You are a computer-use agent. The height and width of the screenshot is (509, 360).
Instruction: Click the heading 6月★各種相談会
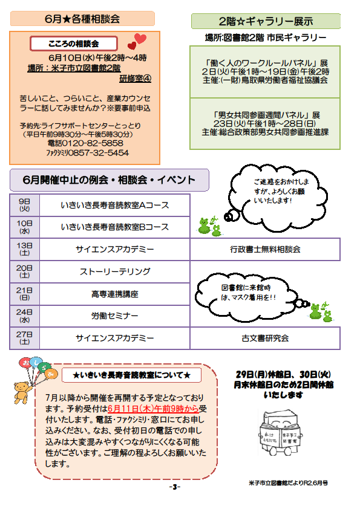click(82, 19)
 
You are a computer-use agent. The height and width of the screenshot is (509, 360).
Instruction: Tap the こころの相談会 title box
click(74, 44)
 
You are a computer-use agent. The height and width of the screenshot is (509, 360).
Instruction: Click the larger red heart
click(141, 39)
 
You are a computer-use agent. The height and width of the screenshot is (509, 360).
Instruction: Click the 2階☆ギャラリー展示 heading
click(266, 21)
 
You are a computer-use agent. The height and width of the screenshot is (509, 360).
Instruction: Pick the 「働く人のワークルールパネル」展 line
click(265, 63)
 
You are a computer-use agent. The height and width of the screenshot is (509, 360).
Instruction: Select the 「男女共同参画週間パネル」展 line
click(265, 115)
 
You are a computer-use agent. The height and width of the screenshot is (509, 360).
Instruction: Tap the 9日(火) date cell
click(24, 205)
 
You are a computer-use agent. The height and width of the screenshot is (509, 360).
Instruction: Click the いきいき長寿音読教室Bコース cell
click(115, 227)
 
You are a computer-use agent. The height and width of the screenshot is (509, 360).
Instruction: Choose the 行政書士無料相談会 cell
click(265, 249)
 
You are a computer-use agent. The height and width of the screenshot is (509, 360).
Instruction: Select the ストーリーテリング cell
click(115, 271)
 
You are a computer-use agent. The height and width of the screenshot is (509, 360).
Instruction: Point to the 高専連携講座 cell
click(115, 294)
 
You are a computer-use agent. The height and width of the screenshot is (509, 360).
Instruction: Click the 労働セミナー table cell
click(115, 316)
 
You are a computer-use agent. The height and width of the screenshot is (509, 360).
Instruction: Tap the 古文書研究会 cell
click(265, 339)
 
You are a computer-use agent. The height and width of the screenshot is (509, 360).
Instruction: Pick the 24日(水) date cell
click(24, 316)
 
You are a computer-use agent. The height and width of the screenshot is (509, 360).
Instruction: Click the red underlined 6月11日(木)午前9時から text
click(153, 409)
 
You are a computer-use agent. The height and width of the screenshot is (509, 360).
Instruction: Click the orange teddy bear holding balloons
click(22, 392)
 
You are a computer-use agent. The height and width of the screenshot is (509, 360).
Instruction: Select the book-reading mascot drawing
click(280, 432)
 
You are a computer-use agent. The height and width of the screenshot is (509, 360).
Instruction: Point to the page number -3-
click(175, 487)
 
